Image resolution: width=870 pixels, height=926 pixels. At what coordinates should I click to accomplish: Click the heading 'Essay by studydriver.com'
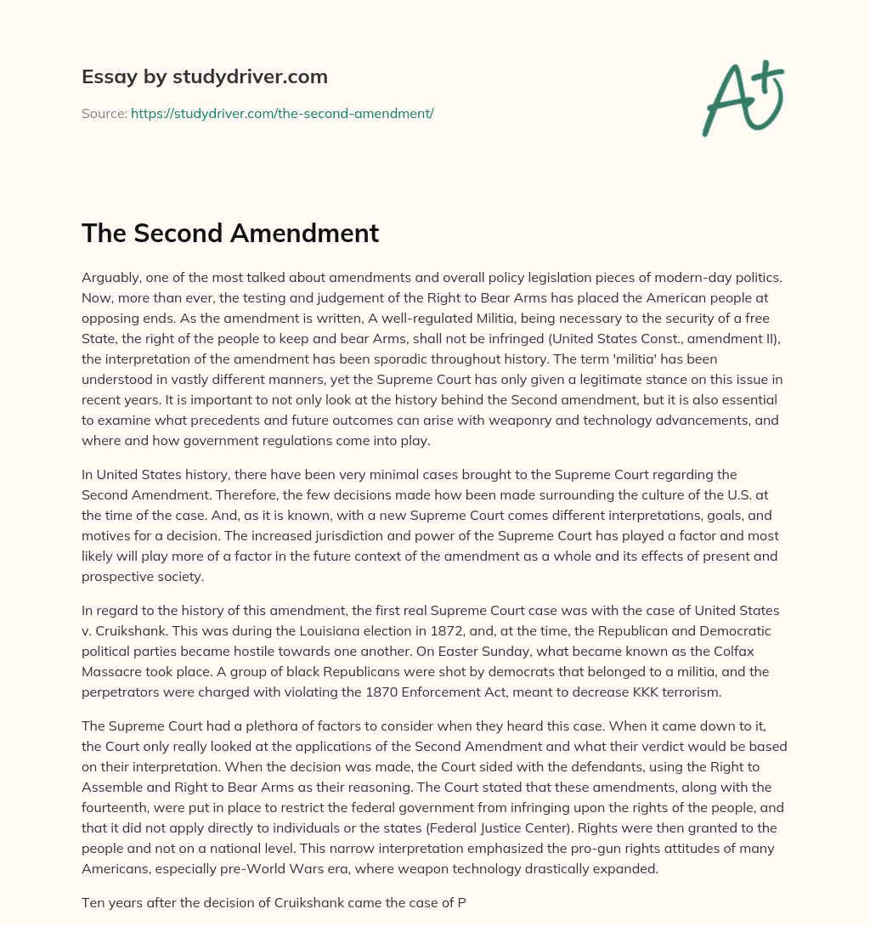click(205, 76)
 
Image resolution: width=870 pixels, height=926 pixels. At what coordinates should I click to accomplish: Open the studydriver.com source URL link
click(282, 113)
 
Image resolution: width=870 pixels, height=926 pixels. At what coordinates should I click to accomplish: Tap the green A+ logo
click(743, 98)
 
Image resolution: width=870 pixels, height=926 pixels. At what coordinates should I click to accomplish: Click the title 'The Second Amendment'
click(230, 233)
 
